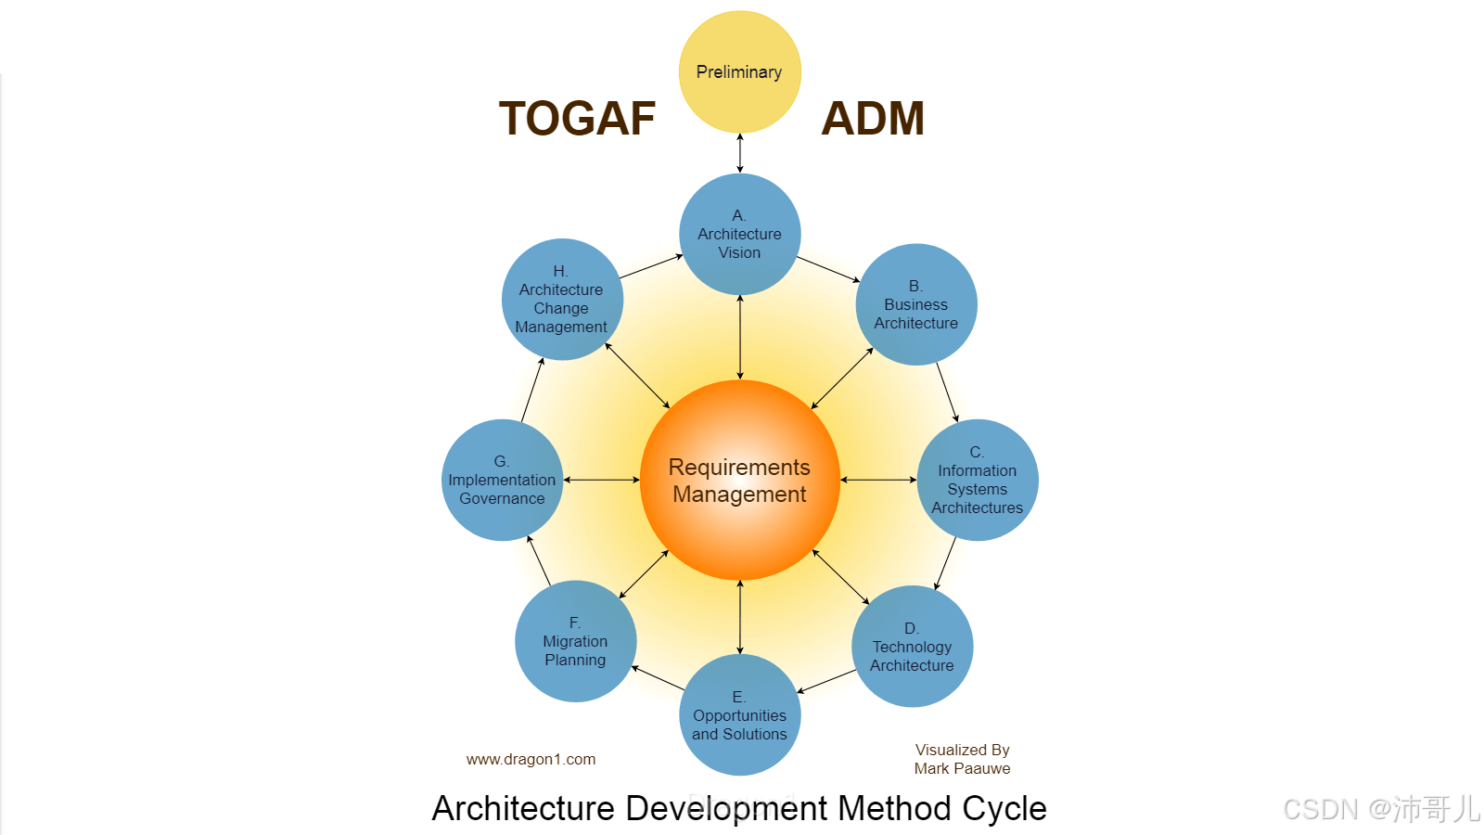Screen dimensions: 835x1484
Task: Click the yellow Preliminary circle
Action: coord(739,71)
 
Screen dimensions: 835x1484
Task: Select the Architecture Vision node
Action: coord(739,234)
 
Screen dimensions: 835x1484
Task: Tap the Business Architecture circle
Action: coord(915,304)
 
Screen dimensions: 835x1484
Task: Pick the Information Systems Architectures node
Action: coord(977,480)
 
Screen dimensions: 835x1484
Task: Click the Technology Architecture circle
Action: coord(912,647)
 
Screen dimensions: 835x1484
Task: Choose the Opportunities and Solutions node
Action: coord(739,715)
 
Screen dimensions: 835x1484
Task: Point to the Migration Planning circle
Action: coord(575,641)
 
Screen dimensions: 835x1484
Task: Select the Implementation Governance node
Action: coord(502,480)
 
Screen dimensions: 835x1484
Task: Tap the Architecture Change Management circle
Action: coord(561,299)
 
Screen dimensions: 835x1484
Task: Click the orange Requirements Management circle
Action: coord(739,480)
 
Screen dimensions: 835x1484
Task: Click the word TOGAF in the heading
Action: coord(577,119)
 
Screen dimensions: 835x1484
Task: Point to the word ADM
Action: coord(873,119)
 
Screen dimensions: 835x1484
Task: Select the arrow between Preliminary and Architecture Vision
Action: coord(739,153)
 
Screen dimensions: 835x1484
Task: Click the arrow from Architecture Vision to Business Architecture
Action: coord(828,269)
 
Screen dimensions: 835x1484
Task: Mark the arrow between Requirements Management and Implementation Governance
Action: coord(601,480)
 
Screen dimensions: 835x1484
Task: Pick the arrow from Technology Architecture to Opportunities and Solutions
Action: coord(826,681)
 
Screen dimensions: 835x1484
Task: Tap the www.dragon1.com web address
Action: coord(531,759)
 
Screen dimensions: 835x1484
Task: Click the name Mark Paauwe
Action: coord(962,768)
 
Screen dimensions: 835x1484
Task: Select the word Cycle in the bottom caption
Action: coord(1004,808)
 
